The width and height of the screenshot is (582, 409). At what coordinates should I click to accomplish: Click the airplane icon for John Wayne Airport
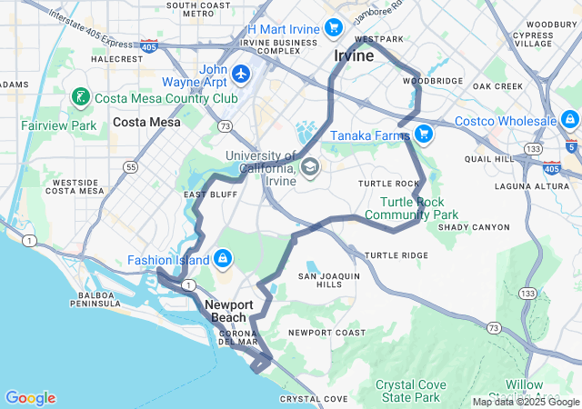241,73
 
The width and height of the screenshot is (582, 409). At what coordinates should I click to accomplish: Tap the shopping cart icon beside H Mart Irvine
334,28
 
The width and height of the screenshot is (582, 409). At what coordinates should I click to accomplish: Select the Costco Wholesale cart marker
569,119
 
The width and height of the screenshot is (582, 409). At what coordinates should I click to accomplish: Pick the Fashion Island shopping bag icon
221,259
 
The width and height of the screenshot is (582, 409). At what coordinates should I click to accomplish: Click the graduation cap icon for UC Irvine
310,166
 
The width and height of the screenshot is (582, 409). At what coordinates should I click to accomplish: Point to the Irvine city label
354,55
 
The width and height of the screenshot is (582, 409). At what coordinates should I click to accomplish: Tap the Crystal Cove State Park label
412,391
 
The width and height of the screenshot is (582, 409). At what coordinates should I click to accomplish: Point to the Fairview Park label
58,125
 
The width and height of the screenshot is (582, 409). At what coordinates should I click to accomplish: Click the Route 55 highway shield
132,167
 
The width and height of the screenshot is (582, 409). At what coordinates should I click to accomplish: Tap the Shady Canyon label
474,227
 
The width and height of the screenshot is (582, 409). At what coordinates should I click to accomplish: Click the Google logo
30,398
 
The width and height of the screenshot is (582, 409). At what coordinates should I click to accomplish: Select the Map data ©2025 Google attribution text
525,402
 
